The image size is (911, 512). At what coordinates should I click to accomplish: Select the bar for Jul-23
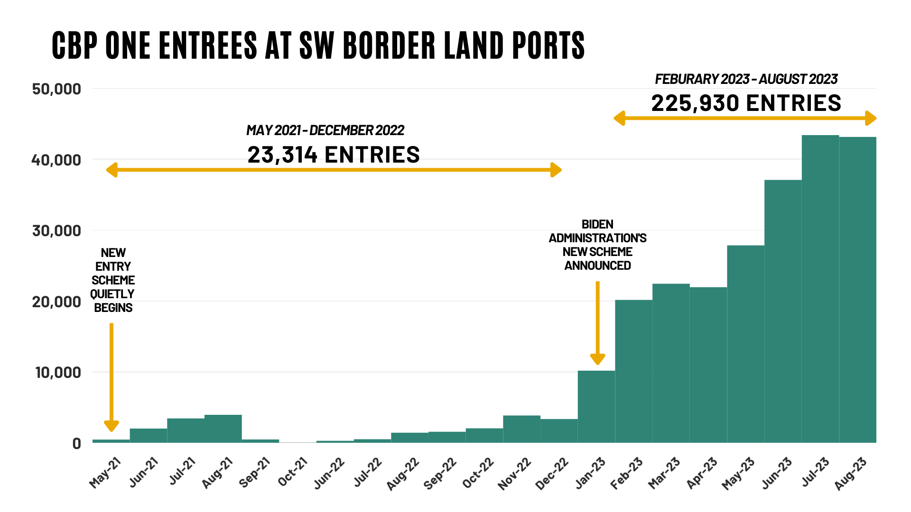(x=820, y=289)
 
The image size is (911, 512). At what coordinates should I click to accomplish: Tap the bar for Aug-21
(x=223, y=429)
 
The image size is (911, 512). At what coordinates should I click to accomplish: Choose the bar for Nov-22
(x=521, y=429)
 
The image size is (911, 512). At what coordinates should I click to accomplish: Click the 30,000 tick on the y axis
(x=56, y=231)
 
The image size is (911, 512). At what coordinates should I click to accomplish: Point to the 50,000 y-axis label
(x=56, y=89)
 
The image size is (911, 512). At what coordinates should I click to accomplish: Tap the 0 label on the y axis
(x=76, y=444)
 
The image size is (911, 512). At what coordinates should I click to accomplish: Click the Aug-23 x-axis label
(x=851, y=474)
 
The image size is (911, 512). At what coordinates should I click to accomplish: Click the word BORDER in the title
(x=389, y=46)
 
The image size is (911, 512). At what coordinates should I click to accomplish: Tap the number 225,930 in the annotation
(x=695, y=103)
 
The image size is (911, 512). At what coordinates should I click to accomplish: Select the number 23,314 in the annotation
(x=282, y=155)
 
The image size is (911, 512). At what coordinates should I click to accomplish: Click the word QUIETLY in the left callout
(x=112, y=294)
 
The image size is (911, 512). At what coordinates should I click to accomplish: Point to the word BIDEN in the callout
(x=597, y=224)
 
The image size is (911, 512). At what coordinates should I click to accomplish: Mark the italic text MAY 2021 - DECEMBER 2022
(x=325, y=130)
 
